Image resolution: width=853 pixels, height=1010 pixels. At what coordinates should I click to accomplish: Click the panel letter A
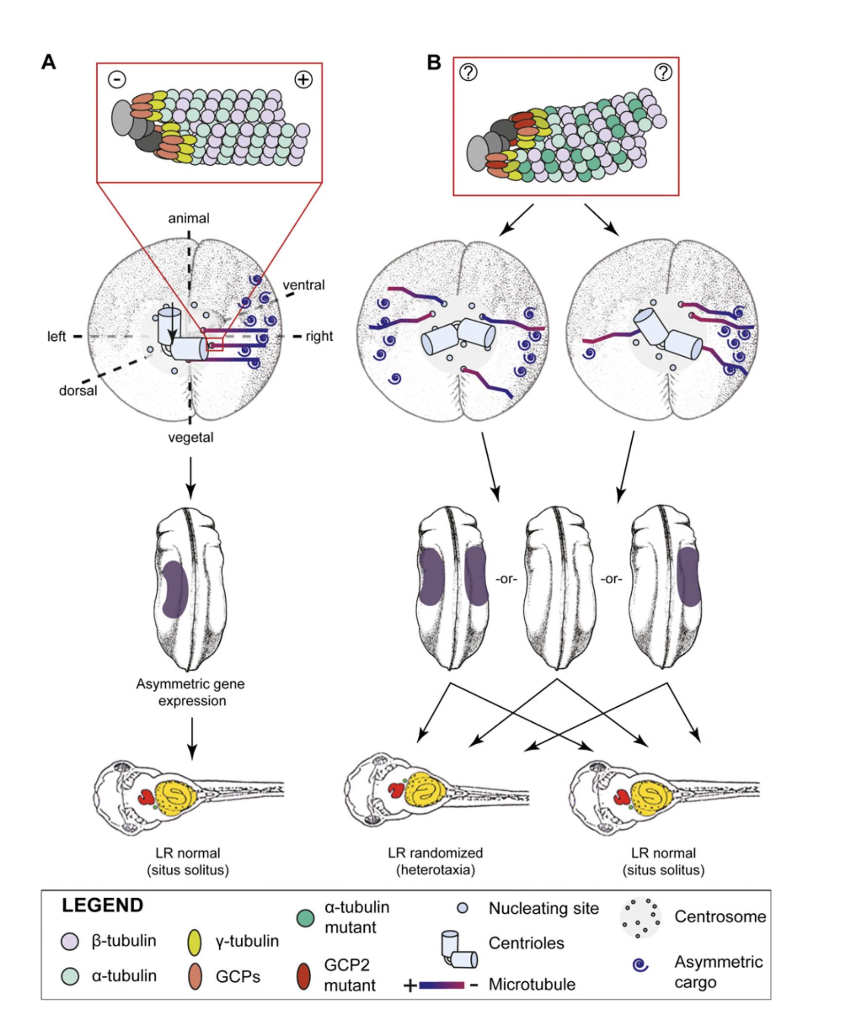[48, 63]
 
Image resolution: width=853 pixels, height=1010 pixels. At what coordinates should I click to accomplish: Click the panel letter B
[434, 63]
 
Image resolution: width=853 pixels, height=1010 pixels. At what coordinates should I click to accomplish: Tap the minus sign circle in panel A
[117, 79]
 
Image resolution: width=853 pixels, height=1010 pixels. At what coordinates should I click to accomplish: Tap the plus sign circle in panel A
[304, 79]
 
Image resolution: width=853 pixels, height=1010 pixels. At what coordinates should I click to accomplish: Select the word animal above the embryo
[189, 219]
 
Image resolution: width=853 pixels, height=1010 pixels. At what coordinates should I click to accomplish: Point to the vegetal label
[191, 437]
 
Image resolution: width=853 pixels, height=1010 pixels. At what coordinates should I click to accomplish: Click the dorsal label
[78, 390]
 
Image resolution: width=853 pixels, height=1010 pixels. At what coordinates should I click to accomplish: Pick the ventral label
[303, 285]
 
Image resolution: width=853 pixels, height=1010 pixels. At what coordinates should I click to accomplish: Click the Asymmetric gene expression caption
[191, 692]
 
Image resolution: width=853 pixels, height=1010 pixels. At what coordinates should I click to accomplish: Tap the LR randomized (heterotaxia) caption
[435, 861]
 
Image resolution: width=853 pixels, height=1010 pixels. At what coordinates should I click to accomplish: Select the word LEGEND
[103, 905]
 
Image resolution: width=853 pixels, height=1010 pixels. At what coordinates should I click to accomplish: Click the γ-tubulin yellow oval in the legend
[195, 942]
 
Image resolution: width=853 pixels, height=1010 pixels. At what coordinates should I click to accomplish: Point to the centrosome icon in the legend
[640, 917]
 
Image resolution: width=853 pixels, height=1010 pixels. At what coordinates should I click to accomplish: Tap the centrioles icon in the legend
[459, 950]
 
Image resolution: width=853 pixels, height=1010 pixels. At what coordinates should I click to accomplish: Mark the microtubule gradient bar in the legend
[442, 985]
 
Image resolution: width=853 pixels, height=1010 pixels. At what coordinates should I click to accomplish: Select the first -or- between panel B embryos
[506, 579]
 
